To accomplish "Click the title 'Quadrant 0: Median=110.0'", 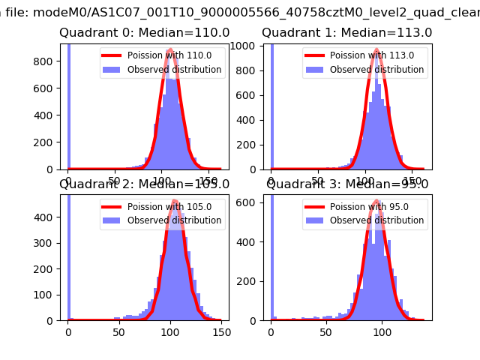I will tap(145, 33).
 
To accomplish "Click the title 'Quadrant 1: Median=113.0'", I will tap(347, 33).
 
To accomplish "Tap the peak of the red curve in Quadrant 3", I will tap(373, 202).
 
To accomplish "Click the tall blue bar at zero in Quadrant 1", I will tap(271, 105).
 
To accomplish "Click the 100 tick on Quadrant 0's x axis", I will tap(162, 177).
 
